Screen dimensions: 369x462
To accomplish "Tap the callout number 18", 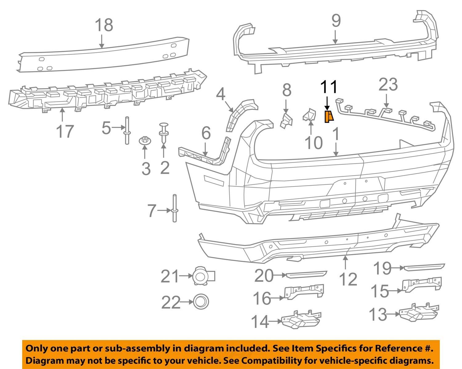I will click(x=104, y=25).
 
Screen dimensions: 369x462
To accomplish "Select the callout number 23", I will click(x=388, y=84).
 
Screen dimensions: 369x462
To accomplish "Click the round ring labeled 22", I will click(x=201, y=301).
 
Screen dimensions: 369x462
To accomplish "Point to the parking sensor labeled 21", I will click(x=202, y=276).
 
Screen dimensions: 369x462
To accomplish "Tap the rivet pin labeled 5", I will click(x=127, y=130).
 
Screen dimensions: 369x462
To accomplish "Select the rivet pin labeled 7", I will click(x=175, y=208).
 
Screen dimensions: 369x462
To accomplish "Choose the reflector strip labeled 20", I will click(x=306, y=274).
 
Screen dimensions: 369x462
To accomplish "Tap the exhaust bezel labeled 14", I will click(x=300, y=321).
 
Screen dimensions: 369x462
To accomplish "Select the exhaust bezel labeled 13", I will click(x=419, y=313).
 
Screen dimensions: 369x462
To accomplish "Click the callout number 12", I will click(x=348, y=279).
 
